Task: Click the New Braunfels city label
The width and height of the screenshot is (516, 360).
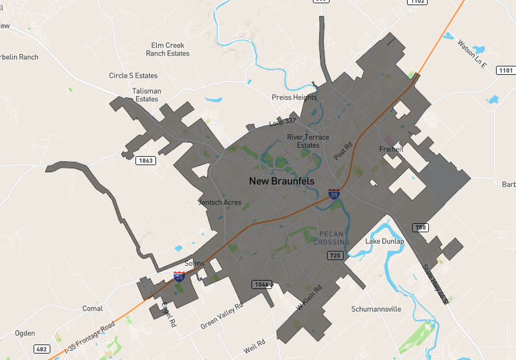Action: [x=282, y=181]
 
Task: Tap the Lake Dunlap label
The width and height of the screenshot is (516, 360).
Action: [x=384, y=241]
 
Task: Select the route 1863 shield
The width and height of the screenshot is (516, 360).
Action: [x=146, y=161]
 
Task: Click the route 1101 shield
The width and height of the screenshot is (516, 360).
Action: [x=506, y=70]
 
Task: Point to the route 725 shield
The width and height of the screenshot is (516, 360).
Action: [x=335, y=256]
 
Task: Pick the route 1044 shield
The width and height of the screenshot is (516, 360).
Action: [x=263, y=285]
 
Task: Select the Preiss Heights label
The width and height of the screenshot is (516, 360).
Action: [x=294, y=97]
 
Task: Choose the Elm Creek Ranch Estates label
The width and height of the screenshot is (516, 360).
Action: [x=168, y=50]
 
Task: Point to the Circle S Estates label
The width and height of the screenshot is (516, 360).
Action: [x=134, y=76]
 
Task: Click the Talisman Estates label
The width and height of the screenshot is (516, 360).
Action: [x=146, y=95]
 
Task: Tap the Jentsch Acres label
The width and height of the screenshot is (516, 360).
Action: [x=220, y=203]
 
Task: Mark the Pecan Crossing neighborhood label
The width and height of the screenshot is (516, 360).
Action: [x=332, y=238]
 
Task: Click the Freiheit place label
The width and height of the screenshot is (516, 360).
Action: [x=392, y=150]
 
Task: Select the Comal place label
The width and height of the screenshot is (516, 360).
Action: [x=92, y=308]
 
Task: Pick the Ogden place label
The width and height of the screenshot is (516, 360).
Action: [x=25, y=333]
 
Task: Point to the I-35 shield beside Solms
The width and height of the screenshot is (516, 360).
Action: [x=179, y=277]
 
